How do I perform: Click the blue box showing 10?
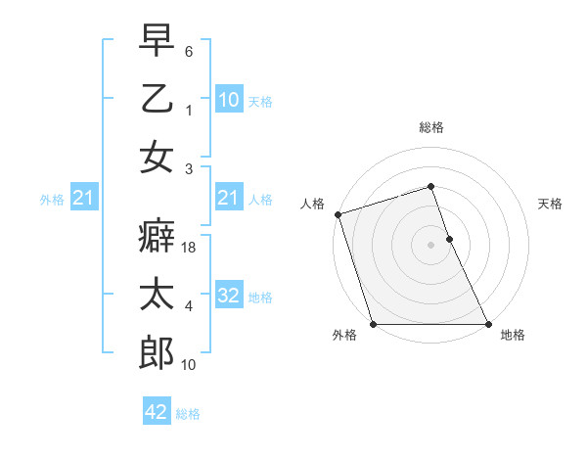click(228, 99)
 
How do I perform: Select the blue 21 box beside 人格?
click(228, 199)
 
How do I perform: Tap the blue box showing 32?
click(228, 296)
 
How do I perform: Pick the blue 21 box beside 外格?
click(83, 199)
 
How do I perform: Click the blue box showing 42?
click(157, 412)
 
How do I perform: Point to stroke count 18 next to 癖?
click(190, 250)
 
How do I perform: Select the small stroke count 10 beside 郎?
click(190, 365)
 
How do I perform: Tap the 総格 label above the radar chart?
click(430, 127)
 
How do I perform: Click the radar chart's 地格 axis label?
click(513, 336)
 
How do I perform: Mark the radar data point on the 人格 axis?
click(338, 214)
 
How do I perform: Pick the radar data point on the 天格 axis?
click(449, 239)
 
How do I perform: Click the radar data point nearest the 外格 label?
click(373, 324)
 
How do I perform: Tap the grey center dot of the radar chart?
click(430, 245)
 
